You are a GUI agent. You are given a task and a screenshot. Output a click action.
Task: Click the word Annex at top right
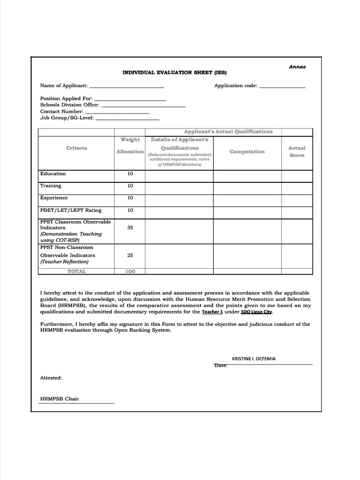click(297, 67)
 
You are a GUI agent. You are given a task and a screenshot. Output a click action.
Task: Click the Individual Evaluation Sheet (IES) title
click(174, 73)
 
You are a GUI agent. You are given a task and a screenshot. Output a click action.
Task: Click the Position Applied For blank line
click(130, 99)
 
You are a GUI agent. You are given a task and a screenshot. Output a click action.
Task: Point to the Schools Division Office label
click(70, 105)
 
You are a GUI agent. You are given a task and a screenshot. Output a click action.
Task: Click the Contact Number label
click(62, 112)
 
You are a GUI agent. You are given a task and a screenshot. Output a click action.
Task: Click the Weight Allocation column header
click(130, 145)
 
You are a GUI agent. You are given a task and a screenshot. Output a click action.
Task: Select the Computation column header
click(247, 151)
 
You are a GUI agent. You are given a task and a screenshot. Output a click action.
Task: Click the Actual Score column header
click(296, 151)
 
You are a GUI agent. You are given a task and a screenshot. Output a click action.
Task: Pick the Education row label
click(53, 173)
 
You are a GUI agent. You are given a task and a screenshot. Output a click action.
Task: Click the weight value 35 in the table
click(130, 227)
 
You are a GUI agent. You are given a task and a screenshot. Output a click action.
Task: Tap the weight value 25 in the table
click(130, 255)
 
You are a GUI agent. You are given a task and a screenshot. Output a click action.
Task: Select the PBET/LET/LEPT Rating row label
click(71, 210)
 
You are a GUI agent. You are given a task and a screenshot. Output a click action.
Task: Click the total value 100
click(130, 271)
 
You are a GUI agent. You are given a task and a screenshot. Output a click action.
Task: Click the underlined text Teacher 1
click(212, 312)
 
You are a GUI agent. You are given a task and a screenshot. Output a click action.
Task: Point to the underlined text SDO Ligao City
click(256, 312)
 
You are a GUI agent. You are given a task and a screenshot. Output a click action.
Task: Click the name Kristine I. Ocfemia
click(254, 359)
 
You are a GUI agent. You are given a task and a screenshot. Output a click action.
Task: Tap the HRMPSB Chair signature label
click(60, 399)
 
